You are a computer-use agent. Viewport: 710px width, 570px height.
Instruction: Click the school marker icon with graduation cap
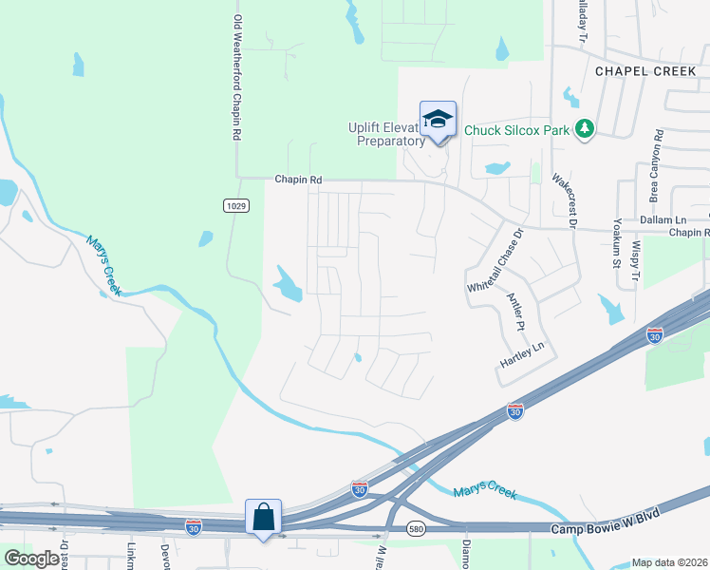pyautogui.click(x=438, y=120)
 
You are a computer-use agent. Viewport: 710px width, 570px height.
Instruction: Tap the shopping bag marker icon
pyautogui.click(x=264, y=518)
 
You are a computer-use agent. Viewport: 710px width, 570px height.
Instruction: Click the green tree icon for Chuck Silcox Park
pyautogui.click(x=586, y=128)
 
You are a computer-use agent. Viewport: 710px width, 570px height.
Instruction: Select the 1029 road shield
pyautogui.click(x=237, y=205)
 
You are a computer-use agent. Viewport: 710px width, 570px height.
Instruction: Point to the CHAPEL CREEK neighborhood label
pyautogui.click(x=645, y=71)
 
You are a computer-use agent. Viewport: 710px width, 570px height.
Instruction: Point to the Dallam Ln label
pyautogui.click(x=663, y=219)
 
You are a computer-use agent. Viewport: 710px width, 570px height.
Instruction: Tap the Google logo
pyautogui.click(x=31, y=559)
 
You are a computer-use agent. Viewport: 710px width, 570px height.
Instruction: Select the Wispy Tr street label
pyautogui.click(x=637, y=256)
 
